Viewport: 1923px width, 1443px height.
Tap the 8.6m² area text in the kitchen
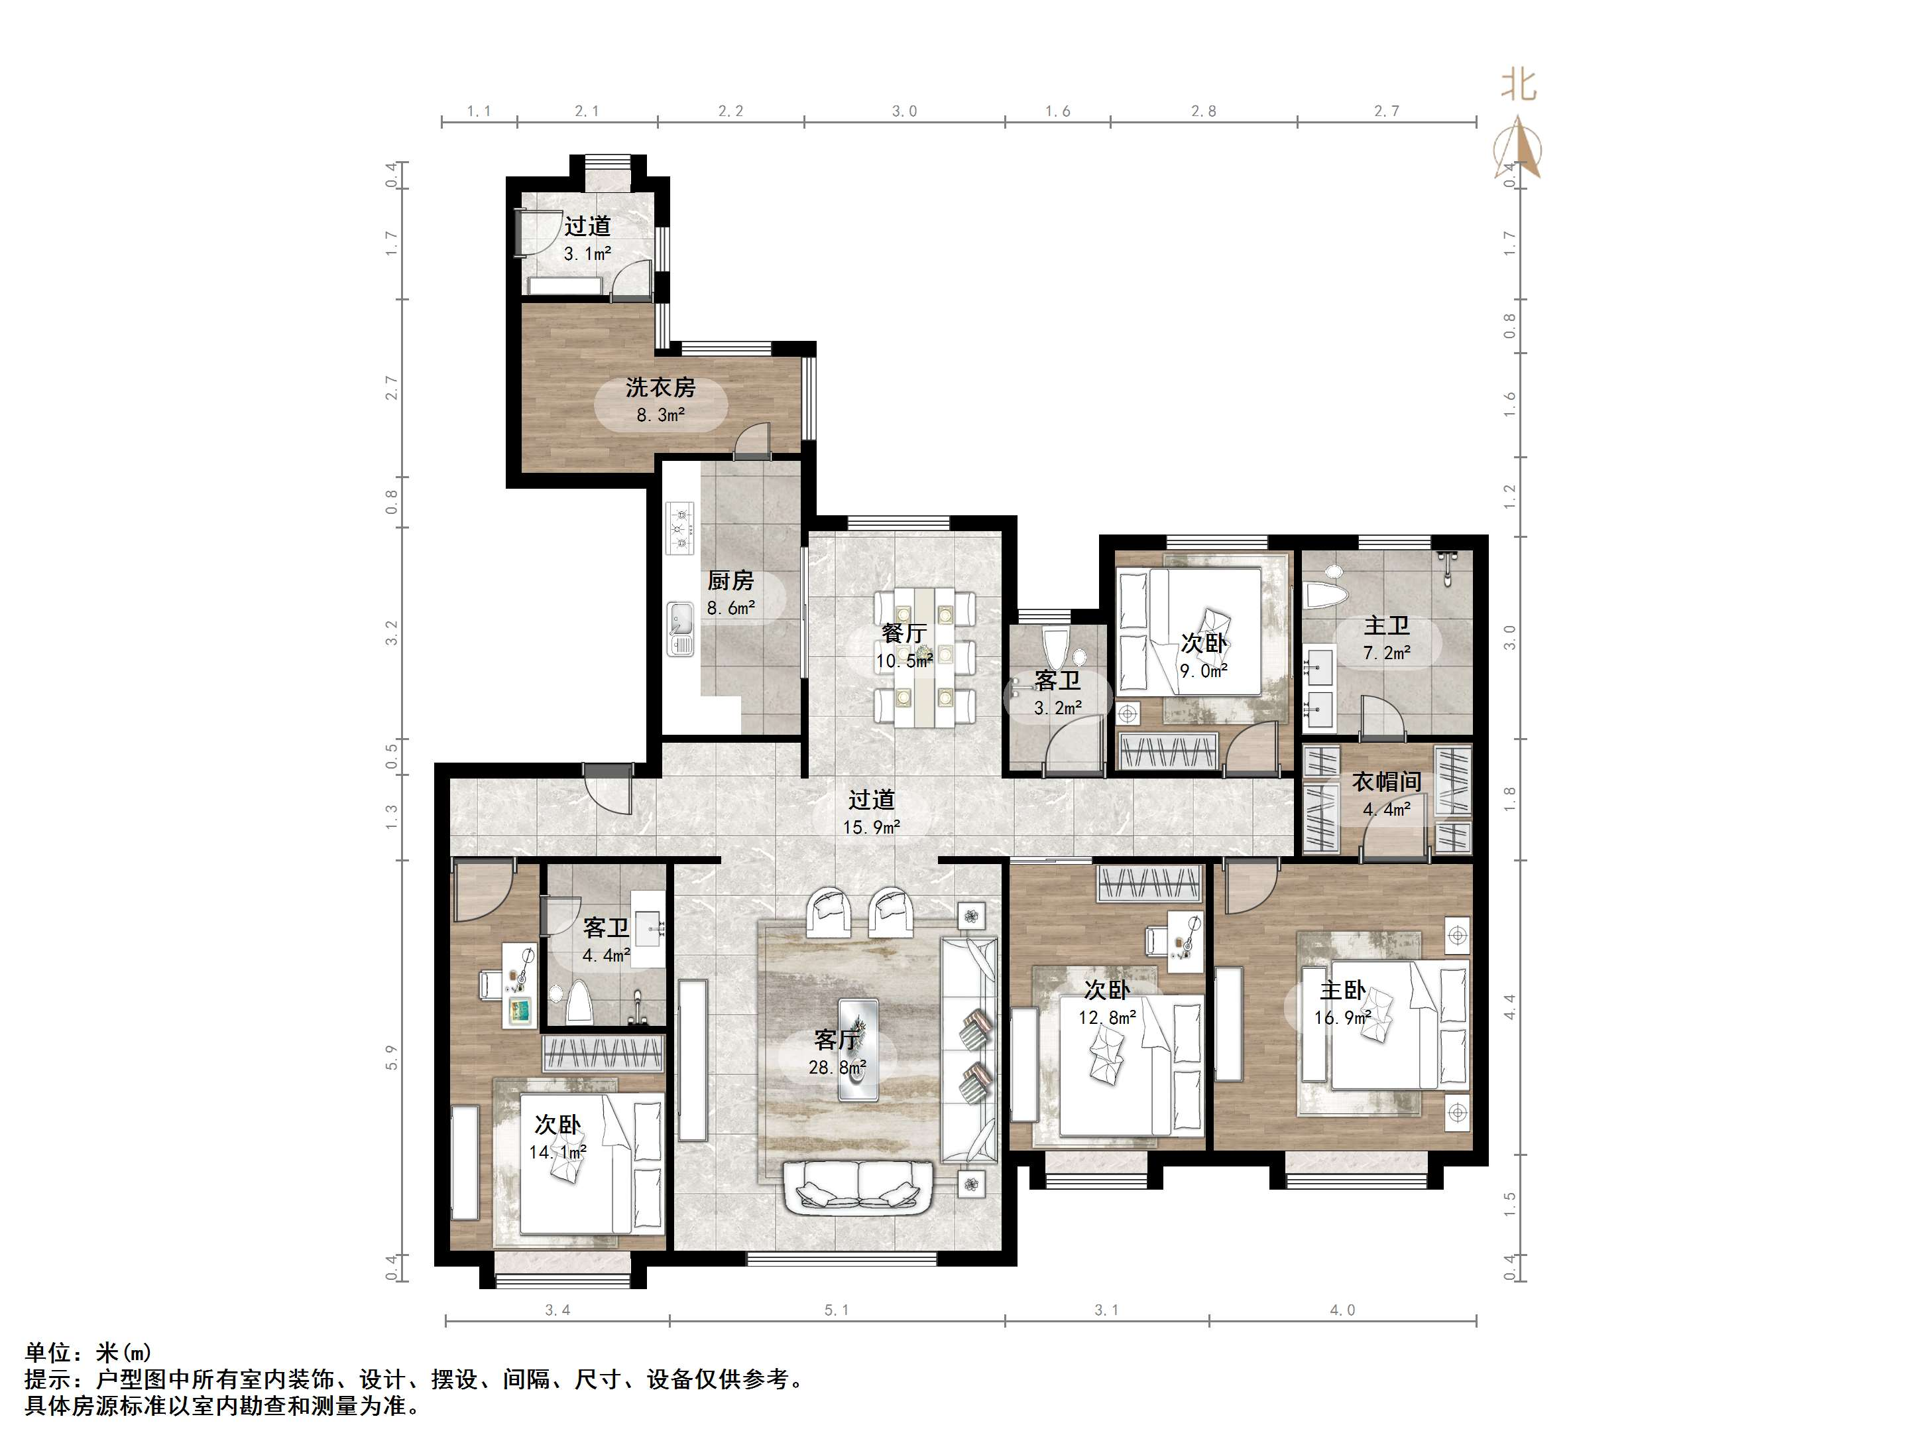click(x=730, y=608)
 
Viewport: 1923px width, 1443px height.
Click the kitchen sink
click(x=680, y=629)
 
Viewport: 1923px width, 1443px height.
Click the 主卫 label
click(x=1387, y=625)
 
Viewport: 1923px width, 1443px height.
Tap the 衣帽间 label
click(x=1387, y=782)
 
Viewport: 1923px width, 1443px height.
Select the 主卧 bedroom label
click(x=1342, y=990)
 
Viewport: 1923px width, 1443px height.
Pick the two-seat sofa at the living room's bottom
click(x=859, y=1187)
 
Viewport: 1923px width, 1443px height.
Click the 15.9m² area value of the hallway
click(x=871, y=827)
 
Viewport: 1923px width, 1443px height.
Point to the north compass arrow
click(x=1518, y=146)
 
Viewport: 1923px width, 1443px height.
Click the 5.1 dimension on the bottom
click(x=837, y=1309)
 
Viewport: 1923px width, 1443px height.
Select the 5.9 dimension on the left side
click(x=392, y=1058)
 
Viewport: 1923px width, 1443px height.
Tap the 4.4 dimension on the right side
click(x=1509, y=1007)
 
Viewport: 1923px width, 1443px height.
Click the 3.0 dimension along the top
click(x=904, y=111)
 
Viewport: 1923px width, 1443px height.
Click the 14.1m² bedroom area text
click(x=557, y=1153)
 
